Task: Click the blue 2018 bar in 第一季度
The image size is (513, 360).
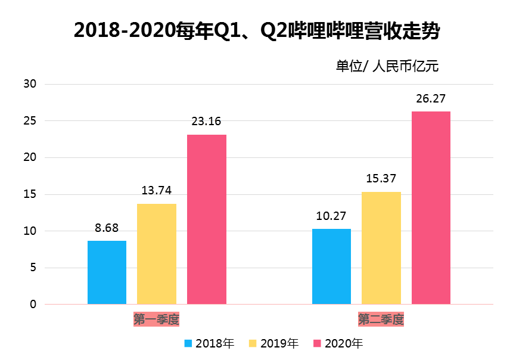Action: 107,272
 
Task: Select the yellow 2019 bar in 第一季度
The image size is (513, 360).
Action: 157,254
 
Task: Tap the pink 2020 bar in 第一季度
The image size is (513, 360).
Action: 207,219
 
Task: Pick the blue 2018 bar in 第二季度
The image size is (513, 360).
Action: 332,266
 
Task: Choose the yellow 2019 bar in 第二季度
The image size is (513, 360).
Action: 381,248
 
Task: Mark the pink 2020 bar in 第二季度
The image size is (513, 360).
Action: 431,208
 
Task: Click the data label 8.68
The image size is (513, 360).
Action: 107,228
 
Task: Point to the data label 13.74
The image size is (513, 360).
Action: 157,191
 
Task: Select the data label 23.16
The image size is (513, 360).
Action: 206,122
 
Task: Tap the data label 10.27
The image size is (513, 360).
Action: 331,216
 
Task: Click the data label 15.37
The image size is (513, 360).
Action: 381,178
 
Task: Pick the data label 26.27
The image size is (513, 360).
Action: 431,98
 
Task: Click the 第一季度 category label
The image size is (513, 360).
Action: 157,319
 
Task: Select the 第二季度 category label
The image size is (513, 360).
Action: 381,319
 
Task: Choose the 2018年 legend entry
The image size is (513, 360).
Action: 210,343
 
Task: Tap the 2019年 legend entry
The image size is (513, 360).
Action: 274,343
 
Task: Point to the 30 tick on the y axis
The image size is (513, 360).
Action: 30,84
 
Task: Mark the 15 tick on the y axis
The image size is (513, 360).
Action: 30,194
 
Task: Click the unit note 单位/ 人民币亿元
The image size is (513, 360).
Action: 387,66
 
